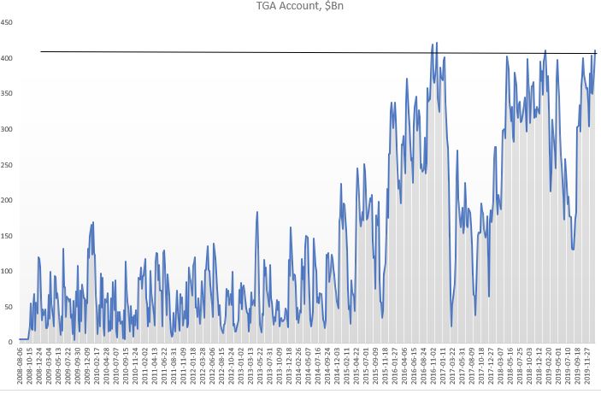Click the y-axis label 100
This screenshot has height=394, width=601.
(x=8, y=271)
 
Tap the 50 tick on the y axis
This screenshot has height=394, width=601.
(x=9, y=306)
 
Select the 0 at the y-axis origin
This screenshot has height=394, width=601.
(x=12, y=342)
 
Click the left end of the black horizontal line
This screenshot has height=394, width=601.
(x=41, y=52)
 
